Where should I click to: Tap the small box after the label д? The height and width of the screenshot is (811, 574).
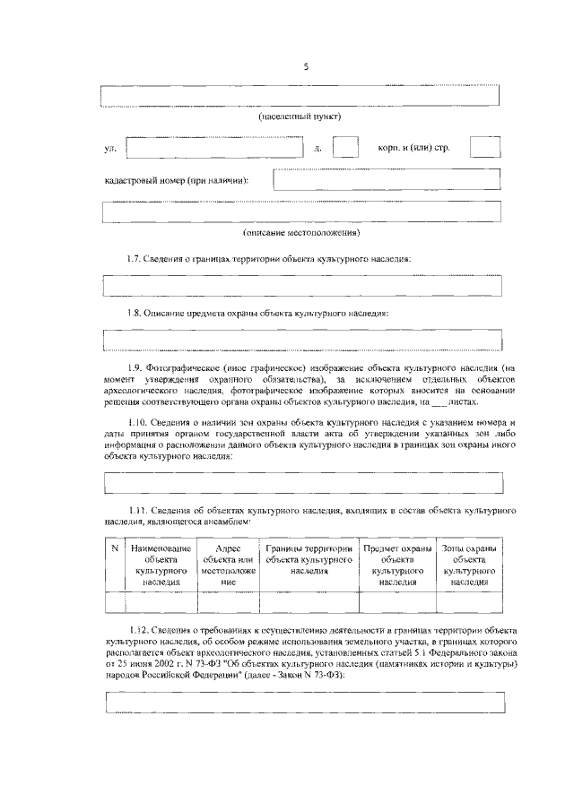click(345, 147)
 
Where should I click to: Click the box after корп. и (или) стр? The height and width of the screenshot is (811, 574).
click(485, 147)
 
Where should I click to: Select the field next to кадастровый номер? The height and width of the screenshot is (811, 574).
click(387, 179)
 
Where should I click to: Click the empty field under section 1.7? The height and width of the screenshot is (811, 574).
click(302, 286)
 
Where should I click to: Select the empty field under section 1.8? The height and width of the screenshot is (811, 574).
click(302, 341)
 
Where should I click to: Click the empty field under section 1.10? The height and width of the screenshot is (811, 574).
click(302, 483)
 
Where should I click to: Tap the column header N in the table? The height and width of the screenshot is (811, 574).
click(115, 547)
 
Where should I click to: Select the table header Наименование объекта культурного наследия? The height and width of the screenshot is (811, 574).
click(160, 564)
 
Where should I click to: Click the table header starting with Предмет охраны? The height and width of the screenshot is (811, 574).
click(396, 564)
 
